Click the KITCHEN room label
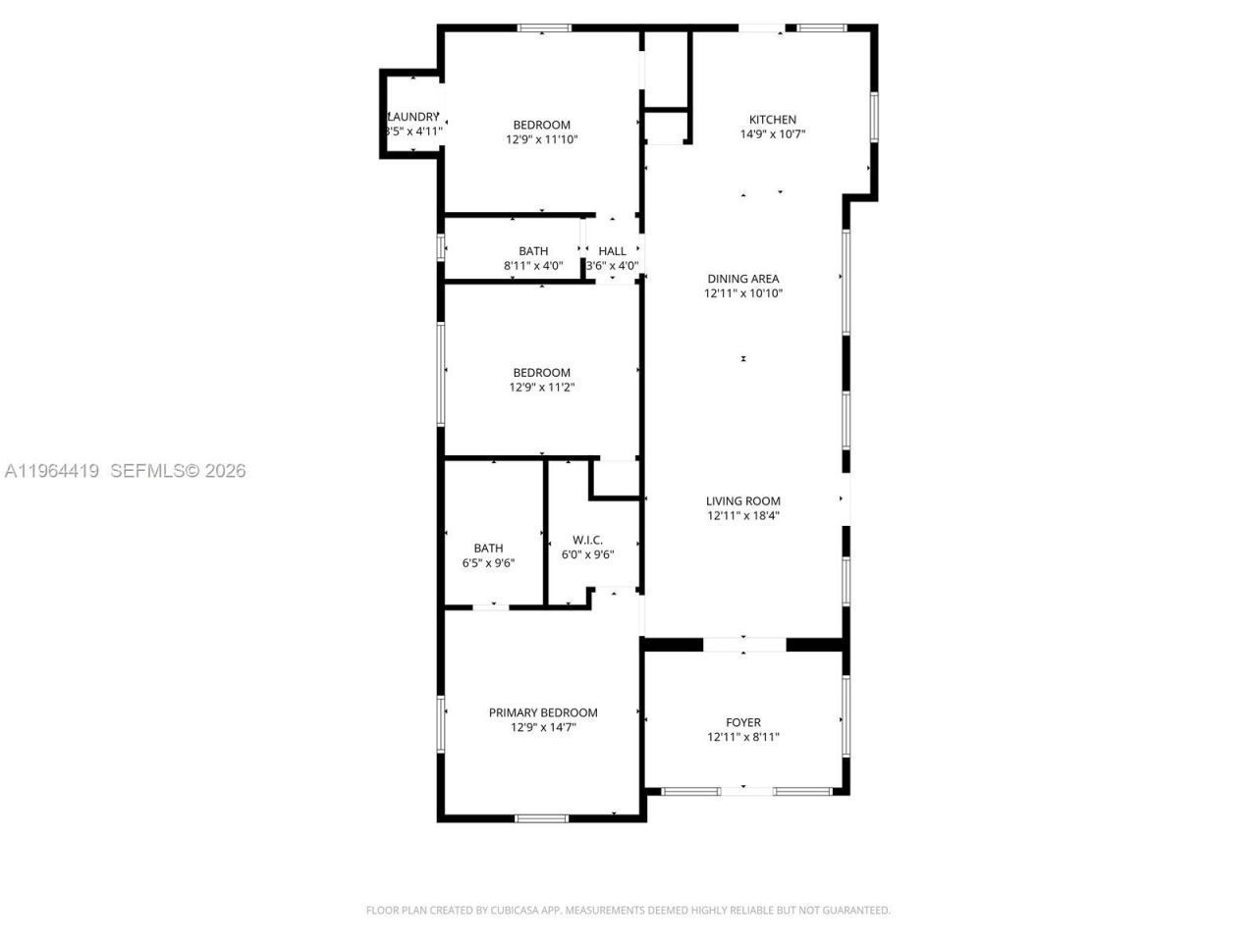click(773, 120)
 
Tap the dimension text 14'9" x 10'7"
click(773, 134)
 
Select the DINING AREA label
click(743, 279)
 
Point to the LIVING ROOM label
click(743, 501)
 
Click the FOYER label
click(743, 722)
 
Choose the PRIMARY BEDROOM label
click(543, 712)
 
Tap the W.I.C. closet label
click(587, 540)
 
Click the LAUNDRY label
click(412, 117)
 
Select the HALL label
click(612, 251)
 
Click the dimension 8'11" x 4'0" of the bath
click(533, 266)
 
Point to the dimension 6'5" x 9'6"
click(488, 563)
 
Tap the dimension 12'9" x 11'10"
click(542, 139)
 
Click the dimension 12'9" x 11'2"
click(542, 388)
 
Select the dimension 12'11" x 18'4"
click(743, 516)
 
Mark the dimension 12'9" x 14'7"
click(543, 728)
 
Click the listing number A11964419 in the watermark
click(52, 471)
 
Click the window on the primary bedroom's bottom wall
click(541, 817)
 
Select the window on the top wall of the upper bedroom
click(544, 28)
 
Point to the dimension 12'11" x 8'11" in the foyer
click(743, 737)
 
